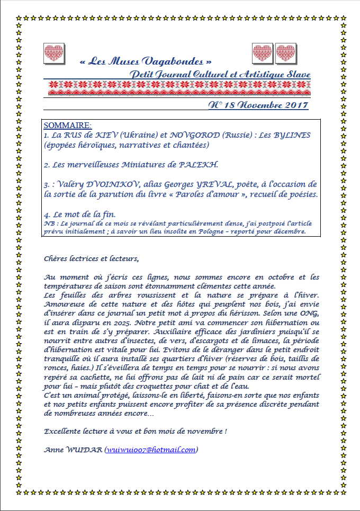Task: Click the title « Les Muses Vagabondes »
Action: coord(141,61)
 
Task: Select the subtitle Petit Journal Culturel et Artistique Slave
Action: coord(220,74)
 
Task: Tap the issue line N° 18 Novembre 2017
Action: coord(258,105)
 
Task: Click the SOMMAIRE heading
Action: coord(67,125)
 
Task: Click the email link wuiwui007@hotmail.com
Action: coord(151,450)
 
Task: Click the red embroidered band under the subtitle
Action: coord(179,87)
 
